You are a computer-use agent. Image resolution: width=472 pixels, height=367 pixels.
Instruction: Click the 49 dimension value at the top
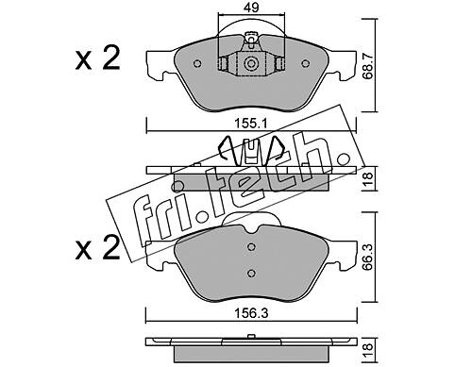point(251,8)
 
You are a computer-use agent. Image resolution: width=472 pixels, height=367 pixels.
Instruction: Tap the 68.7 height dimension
point(368,66)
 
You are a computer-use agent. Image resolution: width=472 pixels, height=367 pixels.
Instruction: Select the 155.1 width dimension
point(251,124)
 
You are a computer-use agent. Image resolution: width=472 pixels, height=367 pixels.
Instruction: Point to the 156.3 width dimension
point(251,313)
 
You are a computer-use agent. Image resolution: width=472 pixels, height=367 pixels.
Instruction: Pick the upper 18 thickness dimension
point(368,178)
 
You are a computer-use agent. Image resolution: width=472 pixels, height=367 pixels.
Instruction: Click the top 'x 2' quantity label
point(98,58)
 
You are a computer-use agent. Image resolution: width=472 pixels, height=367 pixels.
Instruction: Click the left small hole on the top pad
point(197,63)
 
